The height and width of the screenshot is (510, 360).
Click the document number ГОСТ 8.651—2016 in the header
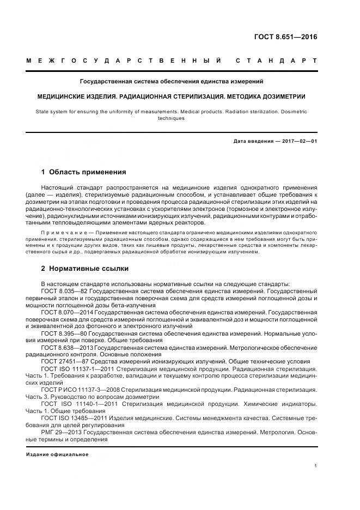coord(286,38)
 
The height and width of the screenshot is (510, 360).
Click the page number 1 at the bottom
coord(316,466)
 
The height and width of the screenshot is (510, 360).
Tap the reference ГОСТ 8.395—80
coord(64,332)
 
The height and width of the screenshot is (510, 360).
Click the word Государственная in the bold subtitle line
coord(107,81)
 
